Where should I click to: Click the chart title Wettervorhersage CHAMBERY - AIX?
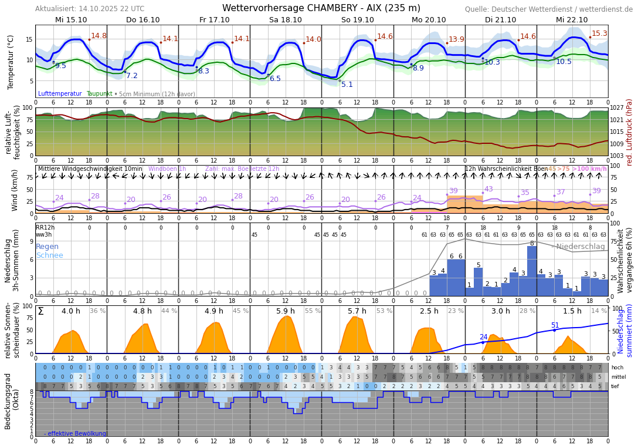click(x=321, y=8)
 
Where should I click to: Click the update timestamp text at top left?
click(x=90, y=9)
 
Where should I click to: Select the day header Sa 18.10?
click(x=286, y=20)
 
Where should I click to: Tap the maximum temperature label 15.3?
click(x=599, y=34)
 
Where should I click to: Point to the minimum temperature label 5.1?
click(x=347, y=85)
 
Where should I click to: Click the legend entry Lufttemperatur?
click(x=60, y=94)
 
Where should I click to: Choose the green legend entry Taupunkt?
click(x=99, y=94)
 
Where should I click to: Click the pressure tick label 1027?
click(x=617, y=108)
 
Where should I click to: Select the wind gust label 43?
click(x=488, y=189)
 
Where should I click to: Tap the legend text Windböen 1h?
click(x=167, y=169)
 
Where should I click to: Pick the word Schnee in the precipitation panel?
click(x=49, y=255)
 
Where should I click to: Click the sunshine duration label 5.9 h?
click(x=286, y=311)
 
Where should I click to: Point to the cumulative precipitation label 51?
click(x=555, y=325)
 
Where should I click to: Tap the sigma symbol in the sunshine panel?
click(x=40, y=311)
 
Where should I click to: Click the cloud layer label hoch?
click(x=617, y=368)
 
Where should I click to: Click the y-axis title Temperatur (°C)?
click(x=11, y=62)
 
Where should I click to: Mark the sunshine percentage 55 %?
click(x=313, y=311)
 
